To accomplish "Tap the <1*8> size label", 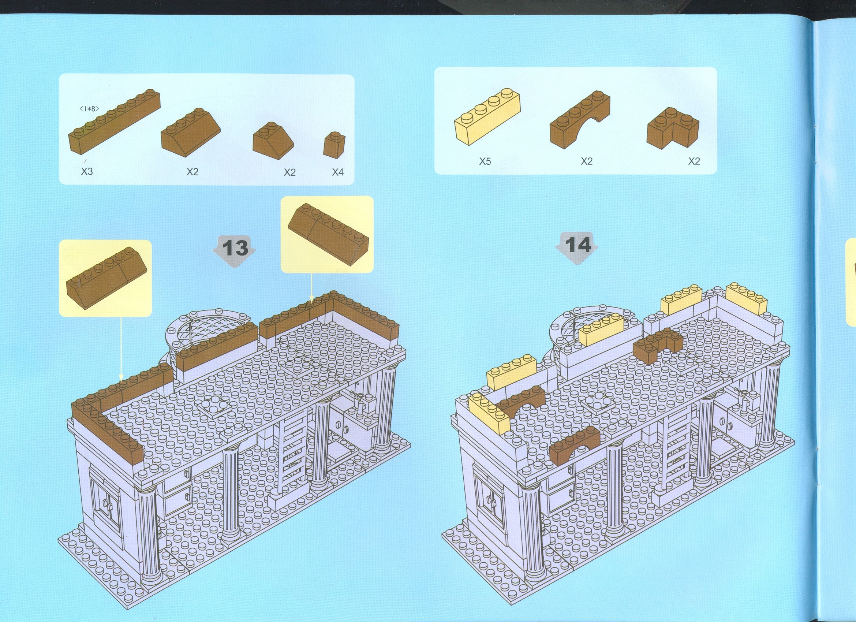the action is [x=89, y=109].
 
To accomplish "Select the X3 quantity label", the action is [x=87, y=171].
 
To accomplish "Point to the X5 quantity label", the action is [x=485, y=161].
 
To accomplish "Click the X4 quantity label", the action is [x=338, y=172].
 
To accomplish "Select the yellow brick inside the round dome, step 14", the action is [x=601, y=329].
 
